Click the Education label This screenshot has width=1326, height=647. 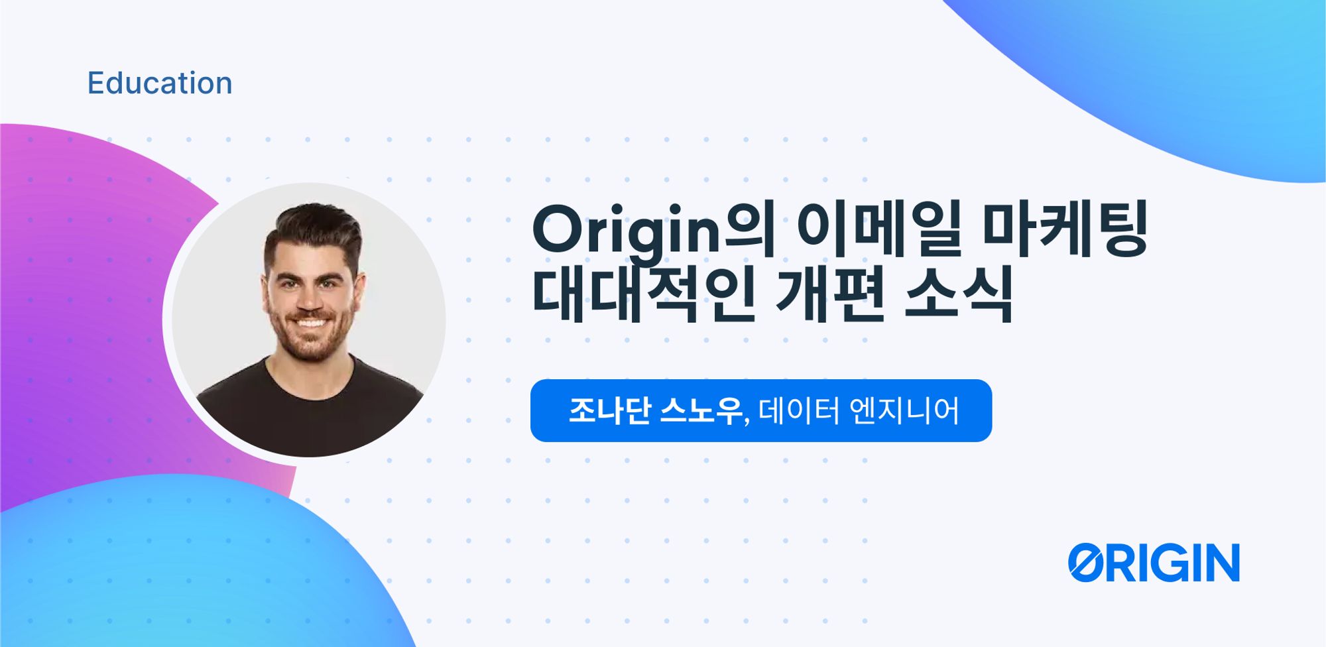(160, 84)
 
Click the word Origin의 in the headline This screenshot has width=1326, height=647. (653, 229)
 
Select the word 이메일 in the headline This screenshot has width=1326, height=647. (878, 228)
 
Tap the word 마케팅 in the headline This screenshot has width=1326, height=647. (1064, 228)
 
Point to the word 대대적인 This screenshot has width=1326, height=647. (643, 293)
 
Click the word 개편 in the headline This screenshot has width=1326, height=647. (829, 293)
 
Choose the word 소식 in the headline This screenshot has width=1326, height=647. (958, 293)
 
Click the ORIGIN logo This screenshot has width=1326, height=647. (1154, 563)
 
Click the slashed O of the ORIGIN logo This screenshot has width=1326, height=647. (1085, 563)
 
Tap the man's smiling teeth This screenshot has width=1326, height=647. (310, 323)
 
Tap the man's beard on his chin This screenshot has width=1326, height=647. (310, 348)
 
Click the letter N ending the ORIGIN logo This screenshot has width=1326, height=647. (1221, 563)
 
